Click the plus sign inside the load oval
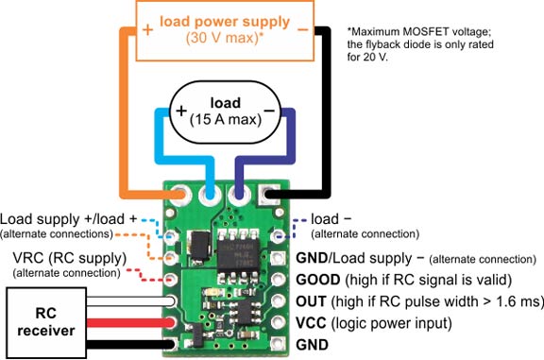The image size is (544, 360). point(181,111)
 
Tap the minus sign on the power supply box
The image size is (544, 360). point(302,30)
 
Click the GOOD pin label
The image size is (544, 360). point(317,280)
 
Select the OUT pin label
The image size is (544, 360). point(311,301)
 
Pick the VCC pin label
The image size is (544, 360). point(311,323)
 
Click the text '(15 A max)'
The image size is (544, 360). point(226,120)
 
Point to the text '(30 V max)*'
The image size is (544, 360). point(225,38)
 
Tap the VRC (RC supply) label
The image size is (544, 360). point(70,258)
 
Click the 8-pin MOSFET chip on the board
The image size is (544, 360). point(238,255)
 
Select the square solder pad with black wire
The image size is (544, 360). point(269,194)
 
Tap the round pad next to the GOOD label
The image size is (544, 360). point(279,279)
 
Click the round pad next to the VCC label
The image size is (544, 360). point(279,322)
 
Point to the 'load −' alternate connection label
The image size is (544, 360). point(365,226)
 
